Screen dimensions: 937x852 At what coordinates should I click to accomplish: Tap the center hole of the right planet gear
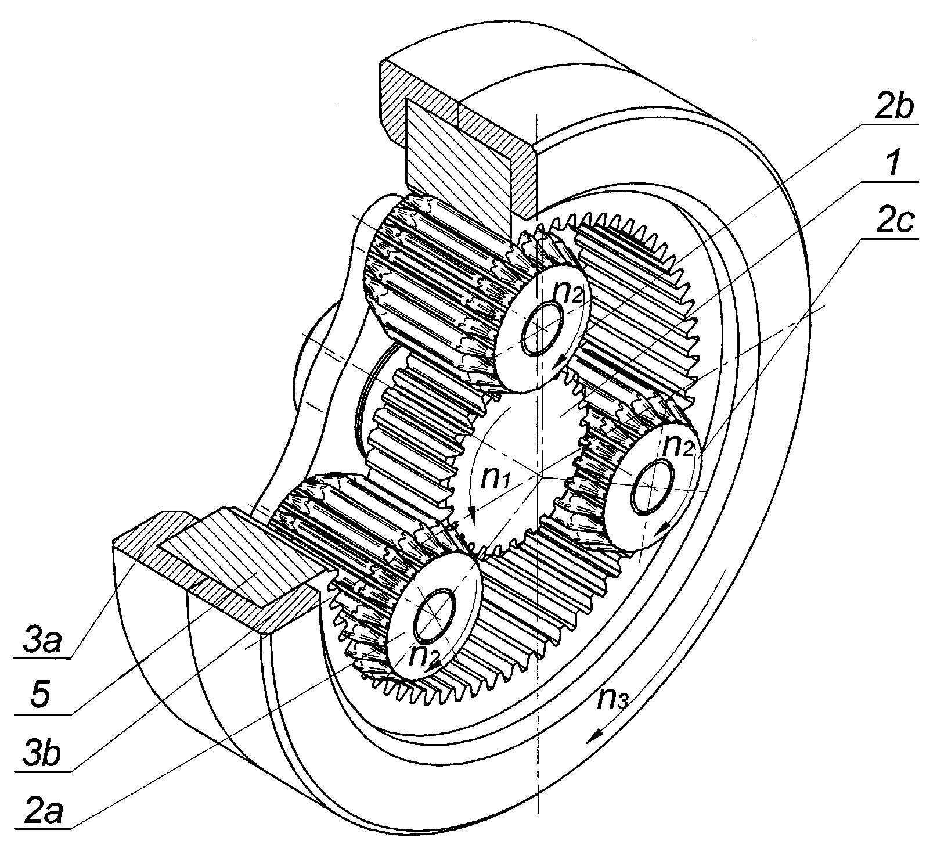point(653,487)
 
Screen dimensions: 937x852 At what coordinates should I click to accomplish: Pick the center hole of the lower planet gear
point(434,614)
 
